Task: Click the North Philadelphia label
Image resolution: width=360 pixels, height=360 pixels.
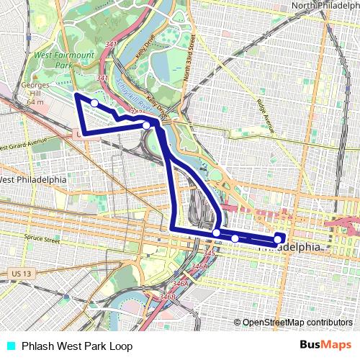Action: pos(325,6)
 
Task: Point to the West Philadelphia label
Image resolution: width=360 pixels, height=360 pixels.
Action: pos(33,179)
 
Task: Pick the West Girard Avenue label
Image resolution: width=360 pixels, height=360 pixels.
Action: pos(23,143)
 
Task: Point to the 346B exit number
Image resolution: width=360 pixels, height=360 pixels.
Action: pos(167,296)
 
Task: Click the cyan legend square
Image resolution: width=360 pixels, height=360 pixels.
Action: pos(9,345)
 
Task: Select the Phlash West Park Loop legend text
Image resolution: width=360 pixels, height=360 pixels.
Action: pos(66,345)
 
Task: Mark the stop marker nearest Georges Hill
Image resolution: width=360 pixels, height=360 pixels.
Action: pos(94,103)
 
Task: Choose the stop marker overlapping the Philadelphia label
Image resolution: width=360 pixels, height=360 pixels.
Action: pos(278,239)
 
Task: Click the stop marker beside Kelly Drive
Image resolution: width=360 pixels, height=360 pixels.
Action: pos(146,125)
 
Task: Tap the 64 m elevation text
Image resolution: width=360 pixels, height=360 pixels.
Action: pos(35,102)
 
